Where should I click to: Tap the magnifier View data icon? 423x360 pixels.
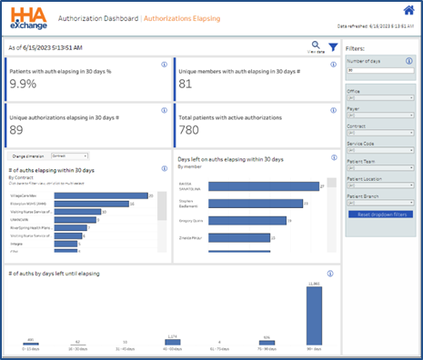click(x=316, y=45)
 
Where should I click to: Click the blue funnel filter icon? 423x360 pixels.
click(x=333, y=47)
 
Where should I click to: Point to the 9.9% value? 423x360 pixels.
click(x=24, y=84)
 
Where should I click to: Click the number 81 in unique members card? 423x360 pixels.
click(x=186, y=84)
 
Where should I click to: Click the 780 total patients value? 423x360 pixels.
click(x=189, y=130)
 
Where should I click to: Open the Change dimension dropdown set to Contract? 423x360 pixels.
click(x=69, y=155)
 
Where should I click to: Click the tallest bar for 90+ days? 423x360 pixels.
click(x=314, y=315)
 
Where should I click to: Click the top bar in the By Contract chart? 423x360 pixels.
click(x=99, y=194)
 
